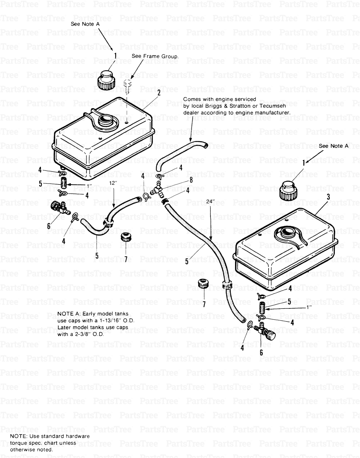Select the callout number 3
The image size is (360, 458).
click(x=327, y=196)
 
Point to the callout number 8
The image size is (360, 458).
click(x=181, y=180)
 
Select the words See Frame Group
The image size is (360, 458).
click(x=155, y=56)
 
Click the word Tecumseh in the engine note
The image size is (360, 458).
click(x=267, y=106)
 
